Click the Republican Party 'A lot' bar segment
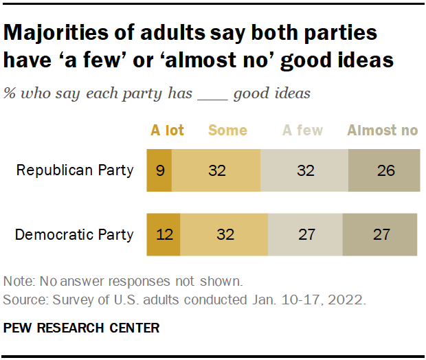pyautogui.click(x=159, y=170)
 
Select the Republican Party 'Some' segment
pyautogui.click(x=216, y=170)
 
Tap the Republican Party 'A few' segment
pyautogui.click(x=304, y=170)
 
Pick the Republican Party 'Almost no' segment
pyautogui.click(x=385, y=170)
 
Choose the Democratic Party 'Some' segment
pyautogui.click(x=224, y=235)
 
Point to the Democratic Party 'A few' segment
pyautogui.click(x=305, y=235)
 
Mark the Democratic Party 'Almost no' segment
pyautogui.click(x=379, y=235)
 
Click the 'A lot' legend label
pyautogui.click(x=167, y=131)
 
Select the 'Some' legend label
pyautogui.click(x=227, y=131)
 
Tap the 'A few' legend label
pyautogui.click(x=304, y=131)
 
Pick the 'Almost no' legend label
pyautogui.click(x=383, y=131)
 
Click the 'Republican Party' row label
pyautogui.click(x=75, y=170)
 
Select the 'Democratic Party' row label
pyautogui.click(x=74, y=235)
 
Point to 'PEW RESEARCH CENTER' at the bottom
pyautogui.click(x=81, y=328)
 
